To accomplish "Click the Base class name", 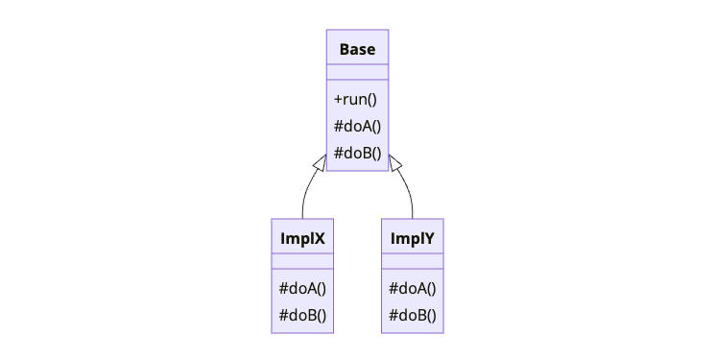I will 357,49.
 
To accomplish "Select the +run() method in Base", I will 355,99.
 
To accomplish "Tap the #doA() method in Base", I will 357,126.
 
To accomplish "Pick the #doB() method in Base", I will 357,153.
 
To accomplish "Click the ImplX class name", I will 302,238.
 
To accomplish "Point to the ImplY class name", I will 413,238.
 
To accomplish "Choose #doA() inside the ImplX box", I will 302,288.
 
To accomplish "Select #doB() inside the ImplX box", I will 302,315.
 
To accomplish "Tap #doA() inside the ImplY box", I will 413,288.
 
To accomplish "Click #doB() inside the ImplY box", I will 413,315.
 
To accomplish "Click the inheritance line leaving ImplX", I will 304,197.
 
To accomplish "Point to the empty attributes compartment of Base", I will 357,72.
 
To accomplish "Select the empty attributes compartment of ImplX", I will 302,261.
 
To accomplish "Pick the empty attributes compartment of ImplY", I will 413,261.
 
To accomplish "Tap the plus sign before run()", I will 338,100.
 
